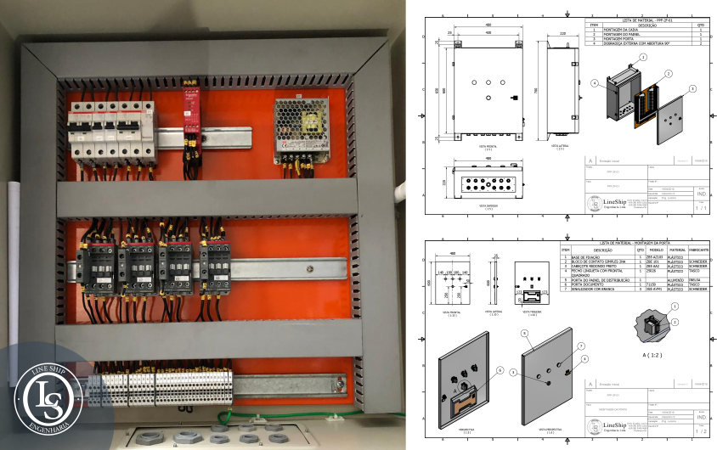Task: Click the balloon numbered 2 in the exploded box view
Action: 669,74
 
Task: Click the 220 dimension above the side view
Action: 562,35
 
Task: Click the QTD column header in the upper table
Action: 700,25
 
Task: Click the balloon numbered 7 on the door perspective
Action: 580,346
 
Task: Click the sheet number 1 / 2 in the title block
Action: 701,431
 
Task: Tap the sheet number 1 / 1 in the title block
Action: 701,206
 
